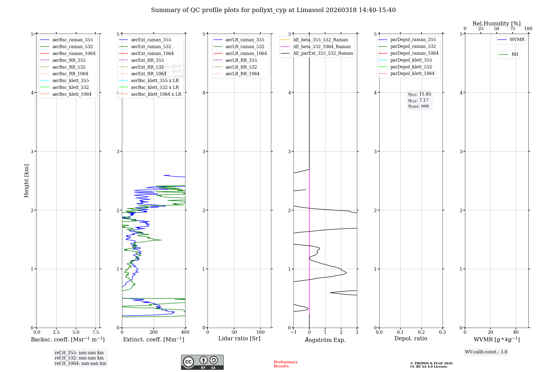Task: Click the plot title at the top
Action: click(273, 10)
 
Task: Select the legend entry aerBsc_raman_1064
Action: click(74, 53)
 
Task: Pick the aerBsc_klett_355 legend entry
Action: click(71, 80)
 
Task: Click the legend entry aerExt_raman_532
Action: click(151, 47)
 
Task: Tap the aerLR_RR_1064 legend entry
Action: click(242, 74)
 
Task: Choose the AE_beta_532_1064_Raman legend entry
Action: click(322, 47)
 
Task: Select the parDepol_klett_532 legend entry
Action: click(411, 67)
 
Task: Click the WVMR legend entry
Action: click(517, 40)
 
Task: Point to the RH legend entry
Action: click(515, 54)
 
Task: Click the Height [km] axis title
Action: click(26, 181)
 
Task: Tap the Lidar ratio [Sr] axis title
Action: click(239, 338)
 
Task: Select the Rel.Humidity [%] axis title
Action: click(496, 24)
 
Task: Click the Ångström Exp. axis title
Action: click(325, 340)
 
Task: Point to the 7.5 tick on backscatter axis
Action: click(95, 332)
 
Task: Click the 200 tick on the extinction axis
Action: click(154, 332)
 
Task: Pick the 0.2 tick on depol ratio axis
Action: click(421, 332)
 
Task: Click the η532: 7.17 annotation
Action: click(418, 100)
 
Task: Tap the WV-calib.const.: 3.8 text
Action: click(486, 352)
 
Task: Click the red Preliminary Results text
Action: click(286, 364)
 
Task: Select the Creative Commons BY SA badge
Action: click(202, 362)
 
